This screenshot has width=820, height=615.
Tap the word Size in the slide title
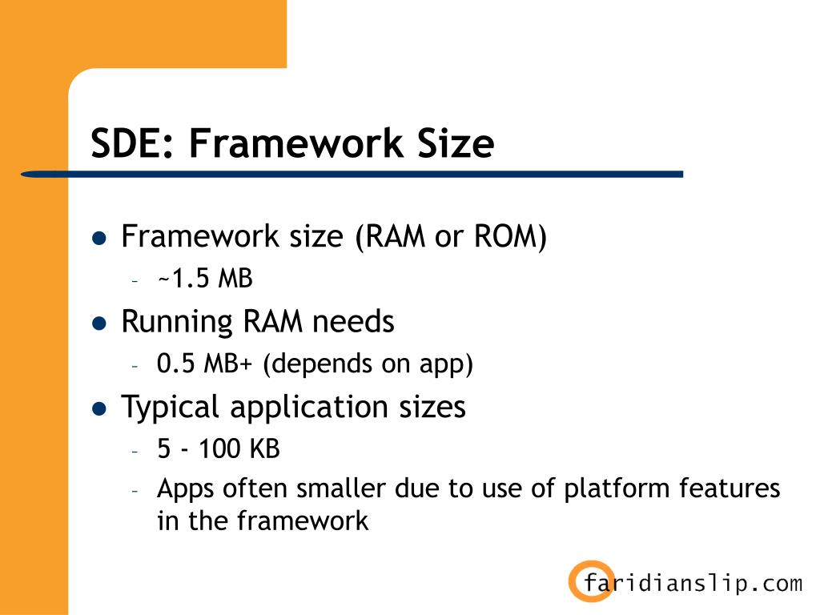(453, 144)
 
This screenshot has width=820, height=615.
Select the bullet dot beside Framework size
(98, 239)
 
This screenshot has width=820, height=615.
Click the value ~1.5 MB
(204, 279)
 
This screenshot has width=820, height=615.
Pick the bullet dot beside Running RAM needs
(98, 324)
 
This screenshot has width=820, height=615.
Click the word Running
(165, 322)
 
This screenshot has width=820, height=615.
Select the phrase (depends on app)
(368, 364)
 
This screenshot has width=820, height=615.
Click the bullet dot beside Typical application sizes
(98, 408)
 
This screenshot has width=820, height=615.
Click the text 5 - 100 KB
(219, 448)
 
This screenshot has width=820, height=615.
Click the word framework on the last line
(303, 521)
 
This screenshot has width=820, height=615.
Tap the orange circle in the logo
(591, 581)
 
